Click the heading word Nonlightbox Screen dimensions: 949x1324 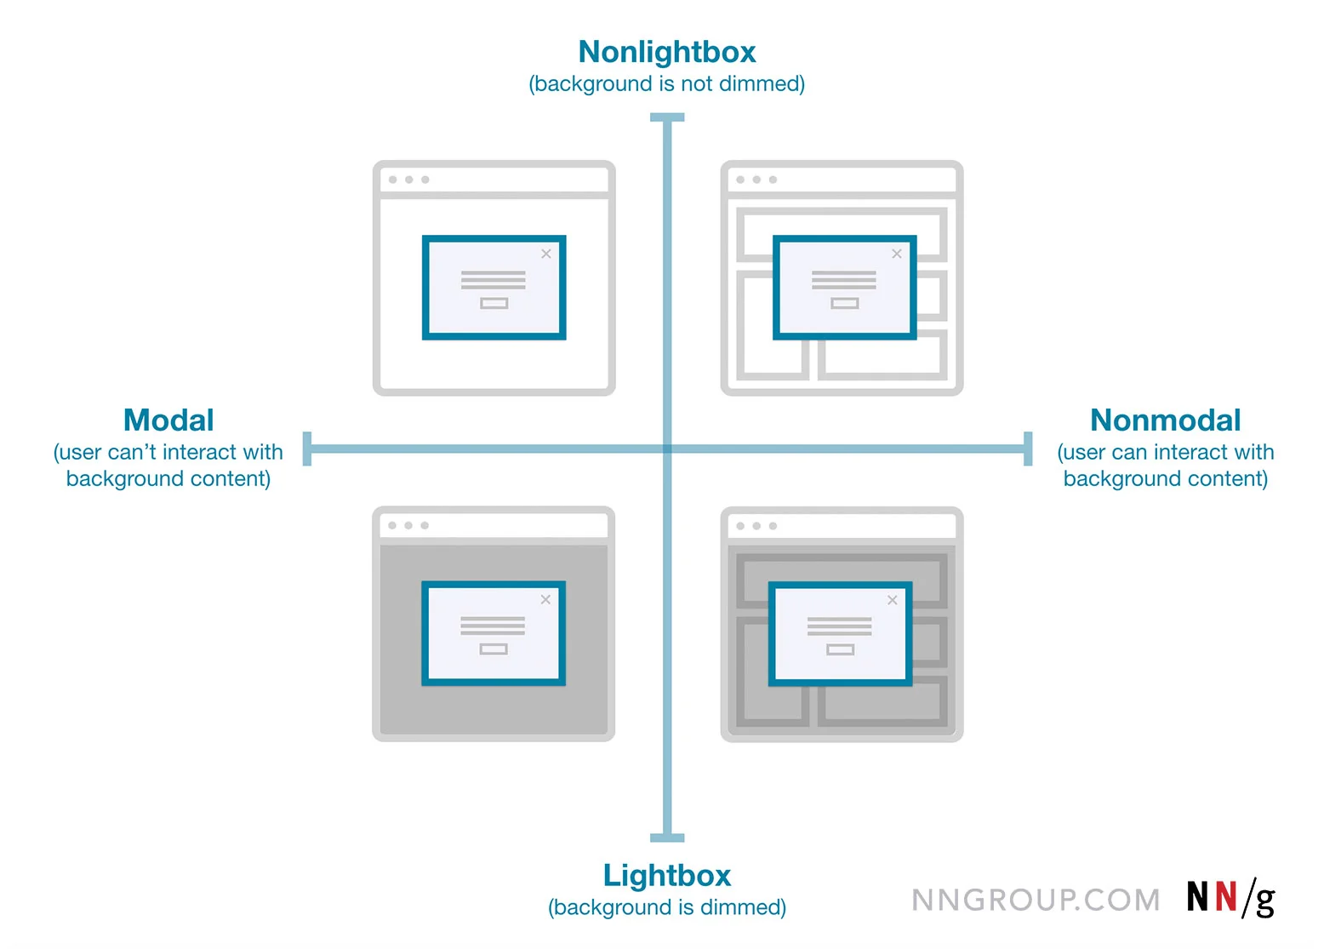667,52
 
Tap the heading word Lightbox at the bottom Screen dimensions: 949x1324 667,875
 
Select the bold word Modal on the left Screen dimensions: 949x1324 168,420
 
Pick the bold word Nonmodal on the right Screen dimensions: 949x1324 1165,420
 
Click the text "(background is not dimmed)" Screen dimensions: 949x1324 667,84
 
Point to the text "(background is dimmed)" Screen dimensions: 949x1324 667,907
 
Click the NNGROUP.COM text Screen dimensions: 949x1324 1036,900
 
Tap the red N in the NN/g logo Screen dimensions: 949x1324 1225,897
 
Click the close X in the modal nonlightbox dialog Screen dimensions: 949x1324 546,254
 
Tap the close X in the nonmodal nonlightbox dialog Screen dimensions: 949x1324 897,254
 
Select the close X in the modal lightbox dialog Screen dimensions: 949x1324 545,600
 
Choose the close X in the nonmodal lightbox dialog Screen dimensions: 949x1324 893,600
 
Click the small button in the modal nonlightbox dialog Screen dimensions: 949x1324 494,303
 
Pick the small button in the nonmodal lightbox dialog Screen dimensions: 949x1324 841,649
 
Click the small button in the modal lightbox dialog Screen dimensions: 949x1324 494,649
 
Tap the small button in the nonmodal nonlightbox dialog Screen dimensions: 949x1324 845,303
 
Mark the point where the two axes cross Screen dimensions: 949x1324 667,449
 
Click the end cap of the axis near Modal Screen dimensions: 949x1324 307,449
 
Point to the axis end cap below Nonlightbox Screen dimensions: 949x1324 667,118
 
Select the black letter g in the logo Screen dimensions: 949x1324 1265,900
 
